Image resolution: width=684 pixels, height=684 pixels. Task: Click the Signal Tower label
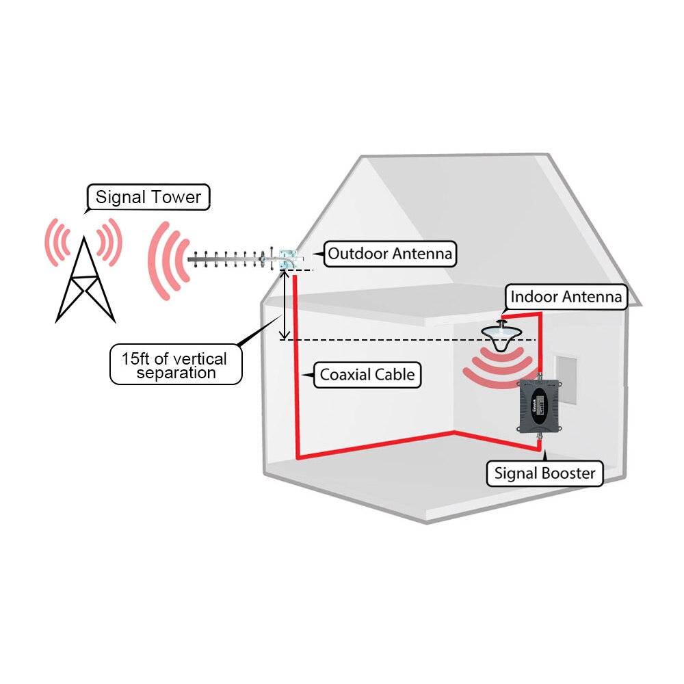pyautogui.click(x=148, y=197)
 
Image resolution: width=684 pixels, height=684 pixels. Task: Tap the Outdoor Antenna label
pyautogui.click(x=390, y=254)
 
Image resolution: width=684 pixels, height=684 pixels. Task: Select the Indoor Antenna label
pyautogui.click(x=566, y=297)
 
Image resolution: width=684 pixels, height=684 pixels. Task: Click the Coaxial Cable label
pyautogui.click(x=367, y=375)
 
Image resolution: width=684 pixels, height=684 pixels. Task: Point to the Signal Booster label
pyautogui.click(x=544, y=473)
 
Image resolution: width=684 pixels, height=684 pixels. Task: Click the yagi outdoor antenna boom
pyautogui.click(x=233, y=261)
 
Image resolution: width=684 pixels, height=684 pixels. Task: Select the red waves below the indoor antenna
pyautogui.click(x=498, y=365)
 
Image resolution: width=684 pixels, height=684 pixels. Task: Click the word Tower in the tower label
pyautogui.click(x=176, y=197)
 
